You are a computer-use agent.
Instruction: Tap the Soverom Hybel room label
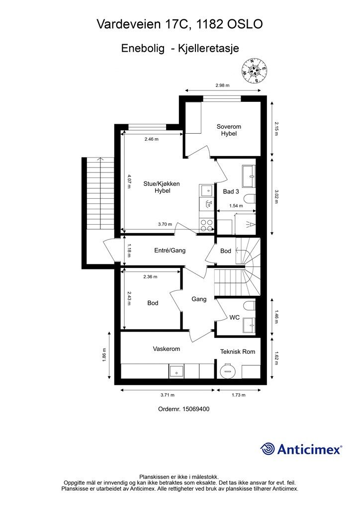pos(229,130)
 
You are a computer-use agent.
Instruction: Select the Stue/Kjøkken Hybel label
pos(162,187)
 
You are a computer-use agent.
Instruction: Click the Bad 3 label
pos(231,191)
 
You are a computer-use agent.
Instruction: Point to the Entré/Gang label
pos(170,251)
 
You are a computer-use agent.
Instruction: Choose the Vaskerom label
pos(166,349)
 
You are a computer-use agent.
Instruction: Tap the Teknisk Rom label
pos(238,351)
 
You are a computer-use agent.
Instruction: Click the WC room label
pos(234,317)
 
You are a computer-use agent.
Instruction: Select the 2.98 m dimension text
pos(222,85)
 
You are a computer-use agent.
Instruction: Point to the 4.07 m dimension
pos(129,182)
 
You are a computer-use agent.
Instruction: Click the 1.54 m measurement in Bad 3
pos(236,205)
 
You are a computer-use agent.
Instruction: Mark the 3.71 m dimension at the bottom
pos(168,395)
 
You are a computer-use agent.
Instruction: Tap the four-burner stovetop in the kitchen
pos(207,225)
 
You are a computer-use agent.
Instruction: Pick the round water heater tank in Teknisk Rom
pos(227,370)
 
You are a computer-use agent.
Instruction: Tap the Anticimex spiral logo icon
pos(267,449)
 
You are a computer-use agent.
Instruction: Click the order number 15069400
pos(195,409)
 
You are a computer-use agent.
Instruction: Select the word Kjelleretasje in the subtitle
pos(208,48)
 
